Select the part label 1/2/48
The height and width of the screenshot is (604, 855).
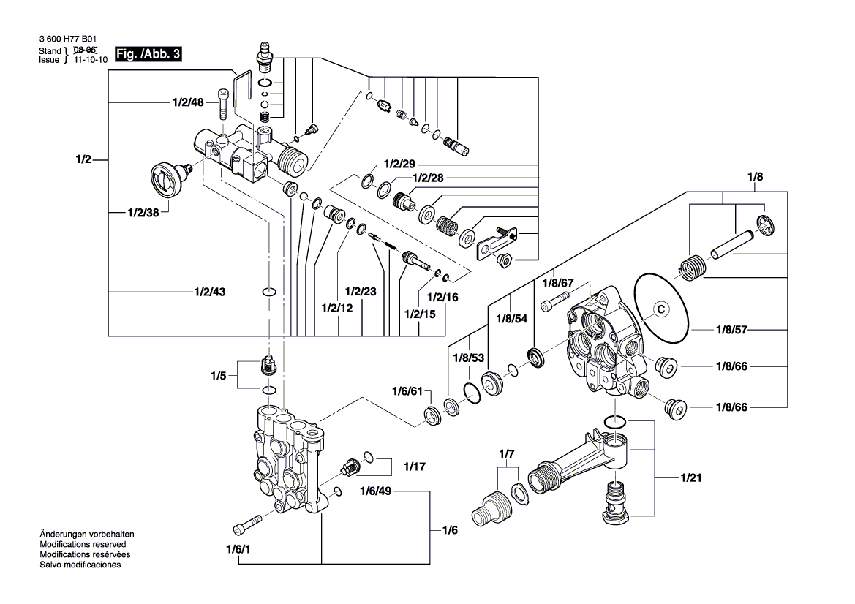[x=188, y=103]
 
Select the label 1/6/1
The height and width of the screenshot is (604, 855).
[x=238, y=550]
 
